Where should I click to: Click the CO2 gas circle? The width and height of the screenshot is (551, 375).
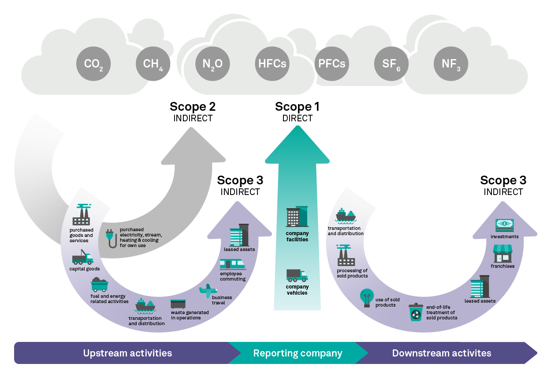tap(93, 64)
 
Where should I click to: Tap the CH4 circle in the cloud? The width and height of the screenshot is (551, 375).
tap(153, 64)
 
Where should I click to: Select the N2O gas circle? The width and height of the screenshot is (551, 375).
tap(212, 64)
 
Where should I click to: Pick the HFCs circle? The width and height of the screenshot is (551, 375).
tap(272, 64)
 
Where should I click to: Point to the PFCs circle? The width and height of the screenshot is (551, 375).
tap(331, 64)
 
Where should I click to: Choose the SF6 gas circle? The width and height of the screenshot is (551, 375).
tap(391, 64)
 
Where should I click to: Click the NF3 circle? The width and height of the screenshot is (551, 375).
tap(451, 64)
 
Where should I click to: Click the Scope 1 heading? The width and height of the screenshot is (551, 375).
tap(297, 107)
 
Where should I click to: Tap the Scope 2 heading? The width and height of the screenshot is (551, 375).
tap(193, 107)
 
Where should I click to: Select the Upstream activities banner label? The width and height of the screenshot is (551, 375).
tap(127, 353)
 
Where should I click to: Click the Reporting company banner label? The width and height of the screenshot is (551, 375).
tap(298, 353)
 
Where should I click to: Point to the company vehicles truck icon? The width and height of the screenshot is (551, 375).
tap(297, 275)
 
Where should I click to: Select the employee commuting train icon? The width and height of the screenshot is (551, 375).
tap(232, 264)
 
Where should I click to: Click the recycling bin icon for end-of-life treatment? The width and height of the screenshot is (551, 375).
tap(416, 312)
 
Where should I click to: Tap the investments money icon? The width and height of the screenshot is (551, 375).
tap(504, 225)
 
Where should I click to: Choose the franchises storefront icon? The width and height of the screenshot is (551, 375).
tap(503, 254)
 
